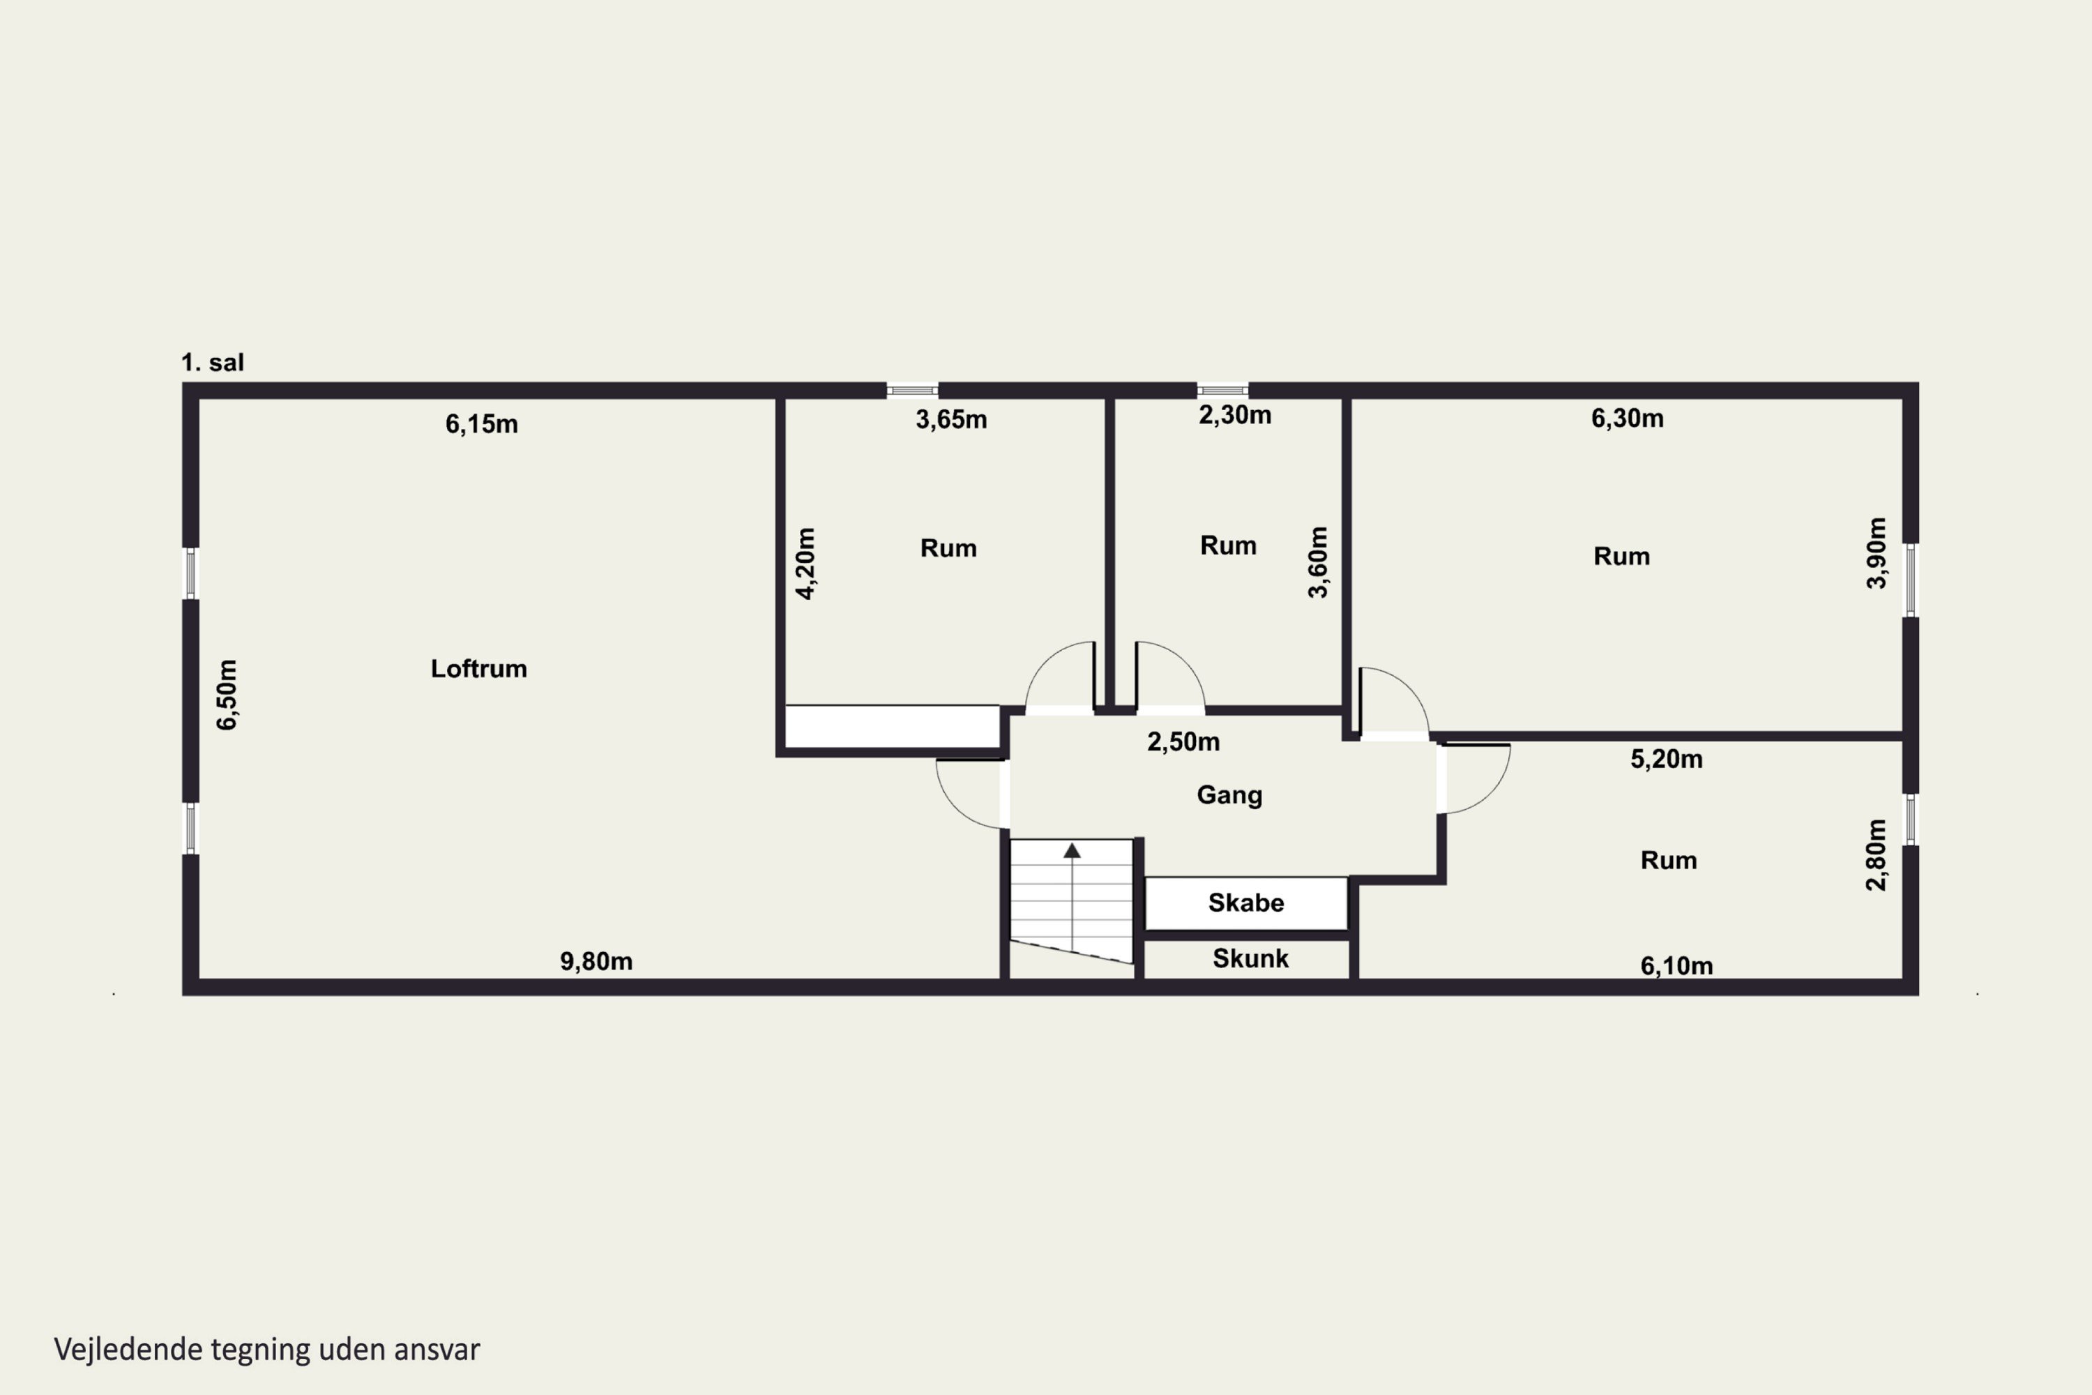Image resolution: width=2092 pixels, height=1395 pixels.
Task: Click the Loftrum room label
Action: pos(478,669)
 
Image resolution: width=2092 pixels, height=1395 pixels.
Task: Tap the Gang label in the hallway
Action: pos(1229,795)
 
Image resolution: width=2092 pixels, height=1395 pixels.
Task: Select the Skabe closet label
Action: pos(1246,903)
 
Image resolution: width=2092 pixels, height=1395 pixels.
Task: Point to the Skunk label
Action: pos(1250,958)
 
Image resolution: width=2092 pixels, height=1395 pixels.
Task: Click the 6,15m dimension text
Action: pos(481,424)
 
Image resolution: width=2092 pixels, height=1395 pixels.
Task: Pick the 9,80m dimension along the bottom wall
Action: pos(596,962)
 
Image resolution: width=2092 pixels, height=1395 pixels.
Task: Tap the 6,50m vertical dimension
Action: pos(228,695)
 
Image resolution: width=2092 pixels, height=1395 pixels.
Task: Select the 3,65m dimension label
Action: pos(951,420)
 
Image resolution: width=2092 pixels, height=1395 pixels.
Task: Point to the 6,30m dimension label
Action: pos(1627,418)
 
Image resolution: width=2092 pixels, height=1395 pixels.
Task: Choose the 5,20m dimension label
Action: pos(1666,759)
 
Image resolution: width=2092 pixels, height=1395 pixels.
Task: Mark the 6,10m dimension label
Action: pos(1676,965)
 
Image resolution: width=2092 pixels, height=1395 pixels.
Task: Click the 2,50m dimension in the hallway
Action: pos(1183,742)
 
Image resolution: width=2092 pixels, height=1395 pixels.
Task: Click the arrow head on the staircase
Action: pos(1072,850)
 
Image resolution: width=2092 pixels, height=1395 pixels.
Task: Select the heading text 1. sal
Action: pos(212,362)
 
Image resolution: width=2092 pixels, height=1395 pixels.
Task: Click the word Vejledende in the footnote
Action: pos(129,1350)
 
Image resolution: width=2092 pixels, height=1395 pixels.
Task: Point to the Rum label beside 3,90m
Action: pos(1621,557)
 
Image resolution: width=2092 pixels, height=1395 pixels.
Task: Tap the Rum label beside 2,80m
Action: pos(1669,860)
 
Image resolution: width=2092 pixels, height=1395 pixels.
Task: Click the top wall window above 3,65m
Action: pos(913,391)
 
